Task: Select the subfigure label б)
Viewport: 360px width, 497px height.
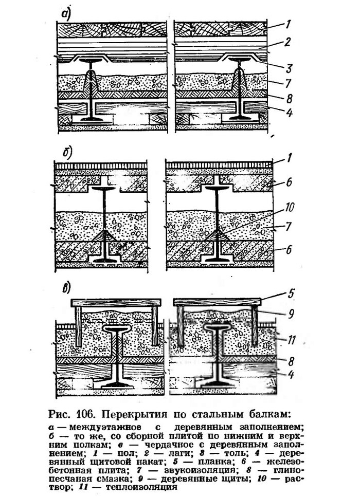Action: tap(67, 153)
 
